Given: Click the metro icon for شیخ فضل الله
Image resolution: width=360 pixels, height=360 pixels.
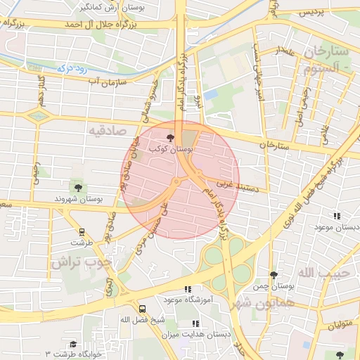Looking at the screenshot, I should tap(143, 309).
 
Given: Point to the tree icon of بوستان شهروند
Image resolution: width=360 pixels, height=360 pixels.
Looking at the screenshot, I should tap(77, 188).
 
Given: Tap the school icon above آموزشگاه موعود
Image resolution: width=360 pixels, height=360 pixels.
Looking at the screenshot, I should tap(187, 289).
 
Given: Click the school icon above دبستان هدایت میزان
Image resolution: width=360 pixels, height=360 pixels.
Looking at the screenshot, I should tap(196, 323).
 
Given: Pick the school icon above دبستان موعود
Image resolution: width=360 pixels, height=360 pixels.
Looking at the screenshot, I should tap(337, 216).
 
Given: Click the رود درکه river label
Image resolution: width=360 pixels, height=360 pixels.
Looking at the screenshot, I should tap(71, 68).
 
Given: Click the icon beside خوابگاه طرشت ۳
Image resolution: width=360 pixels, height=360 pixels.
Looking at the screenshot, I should tap(72, 344).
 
